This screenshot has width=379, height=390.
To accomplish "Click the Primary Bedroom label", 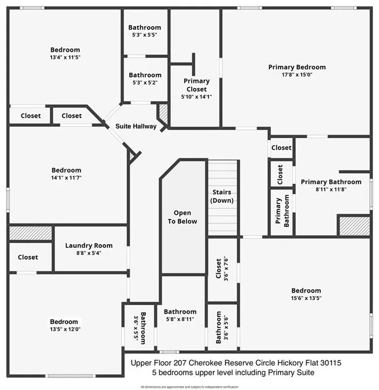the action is [x=297, y=67].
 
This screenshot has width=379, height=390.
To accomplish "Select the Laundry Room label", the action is [x=89, y=246].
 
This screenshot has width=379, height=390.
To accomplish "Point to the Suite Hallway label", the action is [x=136, y=126].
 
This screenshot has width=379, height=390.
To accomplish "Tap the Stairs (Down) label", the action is [x=222, y=196].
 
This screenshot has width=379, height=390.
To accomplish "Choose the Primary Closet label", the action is [x=196, y=85].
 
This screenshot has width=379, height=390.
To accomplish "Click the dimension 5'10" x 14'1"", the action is [x=196, y=96].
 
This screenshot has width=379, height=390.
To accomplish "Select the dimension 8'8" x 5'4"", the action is [x=89, y=253].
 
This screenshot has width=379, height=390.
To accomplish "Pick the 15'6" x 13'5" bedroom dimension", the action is [x=306, y=298].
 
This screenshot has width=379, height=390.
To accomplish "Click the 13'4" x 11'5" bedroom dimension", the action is [x=65, y=57].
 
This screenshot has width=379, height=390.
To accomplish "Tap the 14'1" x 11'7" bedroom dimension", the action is [x=66, y=177].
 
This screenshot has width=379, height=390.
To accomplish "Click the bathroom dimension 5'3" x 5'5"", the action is [x=145, y=35].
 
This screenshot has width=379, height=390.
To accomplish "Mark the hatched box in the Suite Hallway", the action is [x=164, y=112].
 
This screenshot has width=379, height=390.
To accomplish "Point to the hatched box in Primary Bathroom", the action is [x=354, y=225].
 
